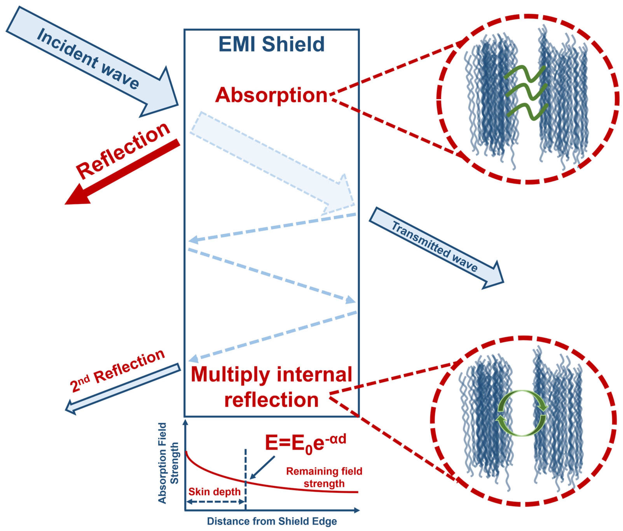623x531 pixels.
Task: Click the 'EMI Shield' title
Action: (271, 44)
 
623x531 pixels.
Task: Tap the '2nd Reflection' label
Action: (117, 371)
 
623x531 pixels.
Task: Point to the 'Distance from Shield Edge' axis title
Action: (272, 521)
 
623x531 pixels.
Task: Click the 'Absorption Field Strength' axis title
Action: (168, 463)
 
